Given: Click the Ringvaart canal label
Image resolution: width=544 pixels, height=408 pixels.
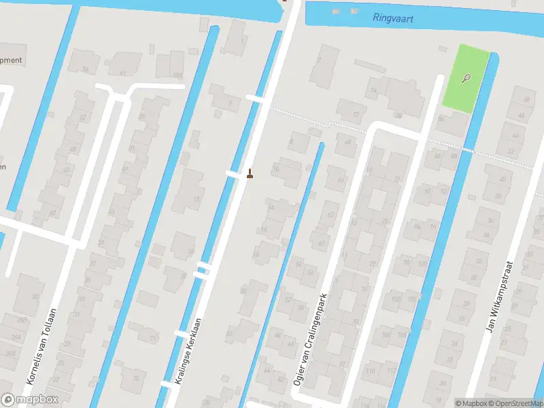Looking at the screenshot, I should point(394,18).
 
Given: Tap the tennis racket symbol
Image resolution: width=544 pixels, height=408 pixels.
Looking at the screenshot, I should point(466,78).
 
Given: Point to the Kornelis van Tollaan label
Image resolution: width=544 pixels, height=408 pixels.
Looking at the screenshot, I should point(41,354).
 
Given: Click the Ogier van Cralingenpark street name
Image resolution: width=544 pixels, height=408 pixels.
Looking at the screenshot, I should point(310,340).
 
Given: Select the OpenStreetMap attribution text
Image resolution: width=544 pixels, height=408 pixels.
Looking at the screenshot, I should point(515,403).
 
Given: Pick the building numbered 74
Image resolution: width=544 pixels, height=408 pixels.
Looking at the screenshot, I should point(373,90).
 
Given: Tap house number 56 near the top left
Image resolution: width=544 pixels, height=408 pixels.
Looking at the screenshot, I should point(85,69).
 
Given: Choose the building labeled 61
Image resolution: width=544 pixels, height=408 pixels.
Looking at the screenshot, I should point(122,73).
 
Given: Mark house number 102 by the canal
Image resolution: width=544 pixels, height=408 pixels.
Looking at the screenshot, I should point(395,299).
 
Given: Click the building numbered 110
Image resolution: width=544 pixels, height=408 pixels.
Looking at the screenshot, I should point(371,371).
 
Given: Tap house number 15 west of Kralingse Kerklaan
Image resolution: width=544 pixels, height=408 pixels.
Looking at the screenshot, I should point(197,199).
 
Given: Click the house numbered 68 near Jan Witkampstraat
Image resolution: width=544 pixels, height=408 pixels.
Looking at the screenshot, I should point(525,100).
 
